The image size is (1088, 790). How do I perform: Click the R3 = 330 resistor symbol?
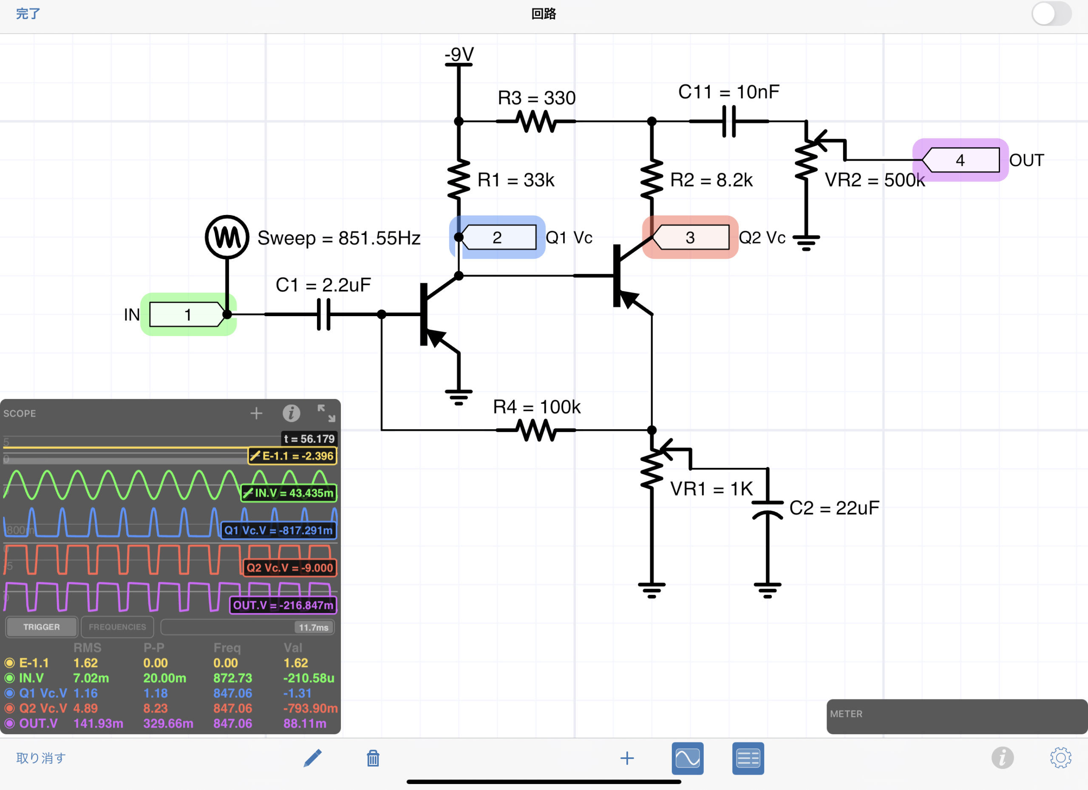[536, 122]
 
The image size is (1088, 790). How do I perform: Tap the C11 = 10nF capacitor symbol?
[729, 122]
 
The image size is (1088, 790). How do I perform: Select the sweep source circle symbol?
[227, 237]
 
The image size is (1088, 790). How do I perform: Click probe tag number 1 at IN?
[187, 314]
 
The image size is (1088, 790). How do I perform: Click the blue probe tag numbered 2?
[498, 238]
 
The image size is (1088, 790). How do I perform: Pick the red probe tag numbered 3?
[690, 238]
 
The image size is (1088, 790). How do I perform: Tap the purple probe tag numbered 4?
[960, 160]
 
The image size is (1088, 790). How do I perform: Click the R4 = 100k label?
[536, 407]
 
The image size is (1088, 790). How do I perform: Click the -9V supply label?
[459, 54]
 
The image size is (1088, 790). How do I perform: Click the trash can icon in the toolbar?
[373, 759]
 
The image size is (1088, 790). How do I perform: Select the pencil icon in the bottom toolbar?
[312, 759]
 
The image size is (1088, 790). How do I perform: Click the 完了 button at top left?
[28, 14]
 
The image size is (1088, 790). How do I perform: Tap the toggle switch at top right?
[1051, 14]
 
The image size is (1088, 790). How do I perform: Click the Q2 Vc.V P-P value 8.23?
[156, 708]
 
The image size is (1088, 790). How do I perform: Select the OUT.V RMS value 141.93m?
[98, 723]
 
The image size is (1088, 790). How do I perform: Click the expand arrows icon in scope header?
[326, 413]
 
